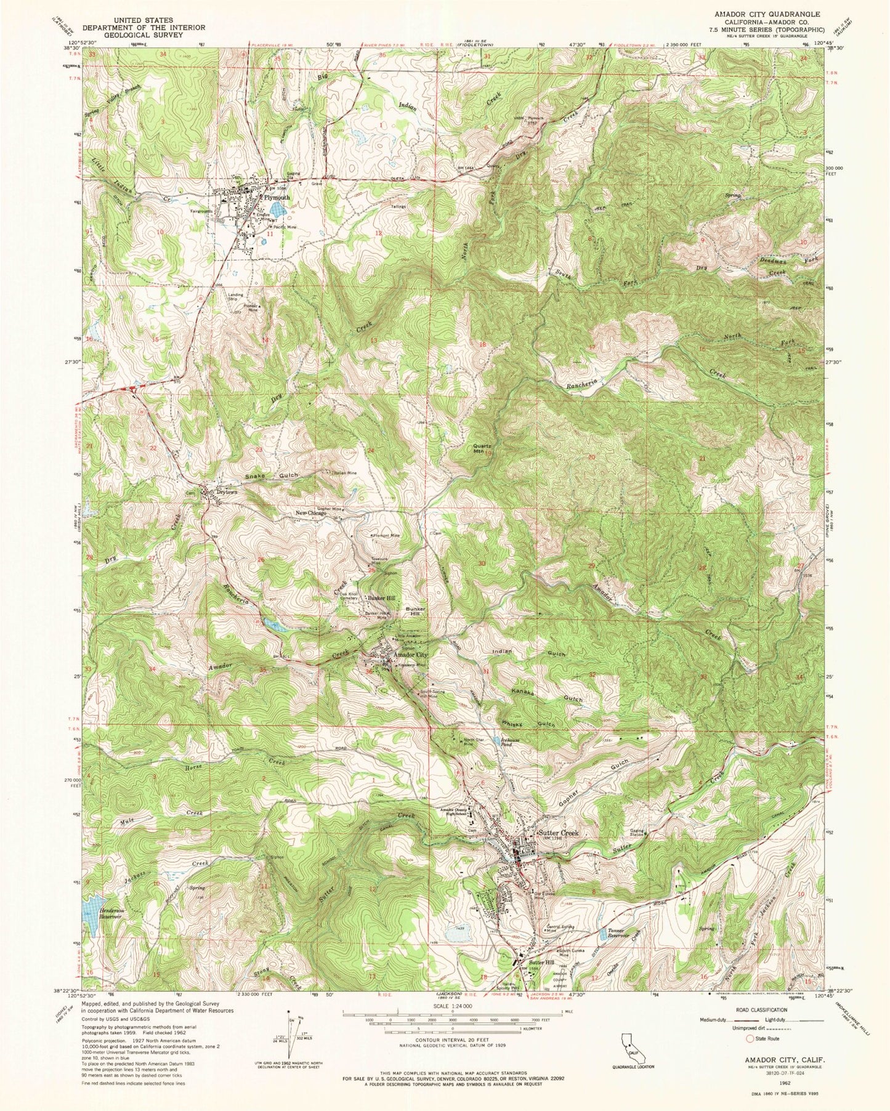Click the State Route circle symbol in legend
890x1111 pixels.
coord(749,1038)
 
